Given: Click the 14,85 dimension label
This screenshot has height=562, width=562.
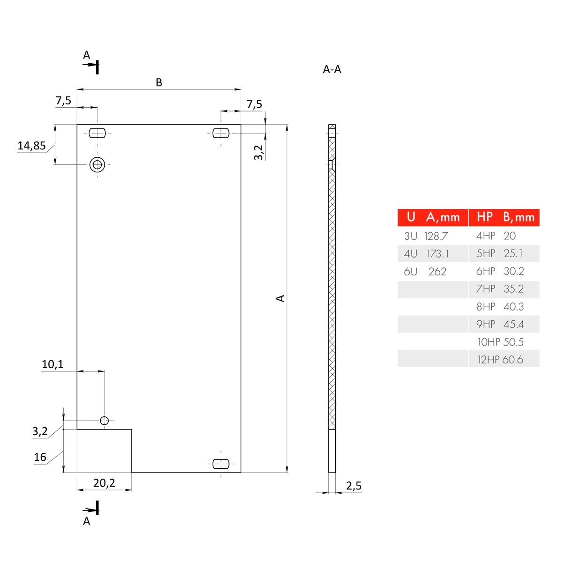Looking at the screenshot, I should [x=31, y=146].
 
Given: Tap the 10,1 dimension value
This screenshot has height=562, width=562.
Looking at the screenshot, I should [x=52, y=364].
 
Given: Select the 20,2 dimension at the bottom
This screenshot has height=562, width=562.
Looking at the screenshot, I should [x=104, y=483].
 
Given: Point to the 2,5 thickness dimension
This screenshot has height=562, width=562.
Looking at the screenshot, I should [x=354, y=486].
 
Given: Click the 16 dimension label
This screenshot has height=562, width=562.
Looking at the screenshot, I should [x=40, y=457].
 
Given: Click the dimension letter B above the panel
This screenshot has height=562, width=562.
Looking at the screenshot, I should [x=159, y=82].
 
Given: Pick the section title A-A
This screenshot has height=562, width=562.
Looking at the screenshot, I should [x=332, y=69].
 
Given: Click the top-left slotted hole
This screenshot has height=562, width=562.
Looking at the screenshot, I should [x=97, y=133].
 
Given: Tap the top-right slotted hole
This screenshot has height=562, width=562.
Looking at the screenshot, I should [x=221, y=133].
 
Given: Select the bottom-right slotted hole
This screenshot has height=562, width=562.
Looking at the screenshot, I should [x=221, y=464].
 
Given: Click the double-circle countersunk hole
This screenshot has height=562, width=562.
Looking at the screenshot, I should [x=97, y=164].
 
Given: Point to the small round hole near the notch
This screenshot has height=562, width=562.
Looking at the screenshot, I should [x=104, y=421].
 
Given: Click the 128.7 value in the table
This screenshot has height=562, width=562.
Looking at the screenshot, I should [x=436, y=236].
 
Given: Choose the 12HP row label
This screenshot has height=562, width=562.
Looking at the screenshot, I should [x=488, y=360].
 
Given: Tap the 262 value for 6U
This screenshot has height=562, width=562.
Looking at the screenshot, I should [x=437, y=272].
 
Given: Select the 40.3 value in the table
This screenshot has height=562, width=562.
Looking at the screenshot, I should [x=513, y=307].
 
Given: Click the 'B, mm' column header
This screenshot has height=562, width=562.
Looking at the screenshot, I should [x=518, y=217].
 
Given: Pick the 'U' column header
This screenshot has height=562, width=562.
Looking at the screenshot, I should [x=411, y=217].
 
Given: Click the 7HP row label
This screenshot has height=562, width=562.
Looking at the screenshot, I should [x=486, y=289].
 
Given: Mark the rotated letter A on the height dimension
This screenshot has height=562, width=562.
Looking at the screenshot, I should [x=280, y=298].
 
